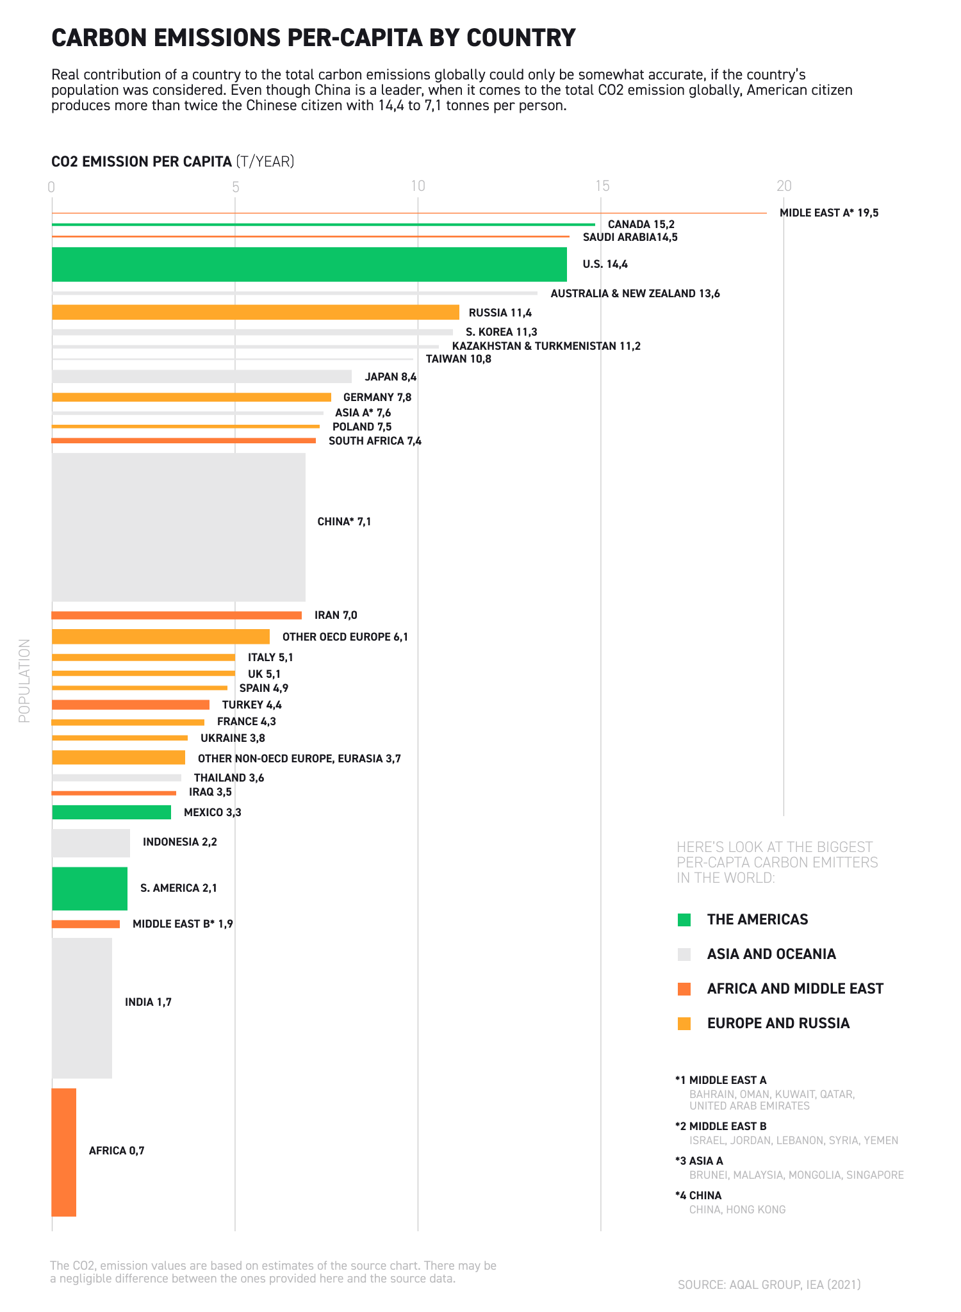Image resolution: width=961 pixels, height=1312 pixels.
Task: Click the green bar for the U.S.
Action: point(309,265)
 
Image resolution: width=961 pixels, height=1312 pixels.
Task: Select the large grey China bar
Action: point(178,527)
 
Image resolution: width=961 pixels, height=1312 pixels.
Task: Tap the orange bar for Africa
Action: point(63,1152)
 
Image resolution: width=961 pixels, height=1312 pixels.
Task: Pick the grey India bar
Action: point(81,1008)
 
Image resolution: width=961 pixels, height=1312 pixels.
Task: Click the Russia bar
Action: point(255,312)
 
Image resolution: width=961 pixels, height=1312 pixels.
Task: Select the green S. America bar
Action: point(89,888)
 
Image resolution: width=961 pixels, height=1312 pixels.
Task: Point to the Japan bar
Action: point(201,377)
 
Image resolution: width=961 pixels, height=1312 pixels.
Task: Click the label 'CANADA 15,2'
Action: point(641,224)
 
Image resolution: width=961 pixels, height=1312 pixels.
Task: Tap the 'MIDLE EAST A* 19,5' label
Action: point(828,213)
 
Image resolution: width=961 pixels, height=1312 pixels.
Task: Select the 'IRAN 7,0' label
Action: point(336,615)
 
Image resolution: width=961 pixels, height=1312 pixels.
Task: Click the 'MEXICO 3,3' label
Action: point(212,812)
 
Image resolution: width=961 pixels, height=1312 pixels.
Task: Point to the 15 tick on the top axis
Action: point(602,186)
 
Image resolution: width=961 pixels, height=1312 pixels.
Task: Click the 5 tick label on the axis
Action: point(236,187)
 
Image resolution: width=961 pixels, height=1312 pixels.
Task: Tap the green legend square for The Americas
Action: point(684,920)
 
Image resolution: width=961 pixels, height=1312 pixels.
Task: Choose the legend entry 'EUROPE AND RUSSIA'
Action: point(778,1023)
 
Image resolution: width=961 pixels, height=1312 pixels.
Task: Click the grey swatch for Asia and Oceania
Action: point(684,955)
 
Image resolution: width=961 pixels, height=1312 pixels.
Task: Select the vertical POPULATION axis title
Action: point(24,680)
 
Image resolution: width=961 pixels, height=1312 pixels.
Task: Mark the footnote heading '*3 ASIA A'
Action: point(699,1161)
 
